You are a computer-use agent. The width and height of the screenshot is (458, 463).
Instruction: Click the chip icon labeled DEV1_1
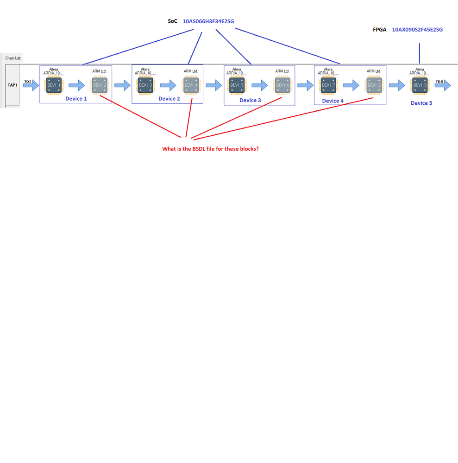pyautogui.click(x=54, y=85)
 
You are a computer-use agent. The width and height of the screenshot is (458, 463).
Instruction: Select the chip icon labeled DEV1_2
pyautogui.click(x=100, y=85)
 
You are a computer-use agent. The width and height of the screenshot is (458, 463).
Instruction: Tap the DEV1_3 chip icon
pyautogui.click(x=145, y=85)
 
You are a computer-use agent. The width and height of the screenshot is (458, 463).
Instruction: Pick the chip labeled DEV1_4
pyautogui.click(x=191, y=85)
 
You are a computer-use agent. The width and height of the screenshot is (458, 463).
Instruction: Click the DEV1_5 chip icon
pyautogui.click(x=237, y=85)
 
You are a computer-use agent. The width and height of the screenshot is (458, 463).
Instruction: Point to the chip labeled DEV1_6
pyautogui.click(x=282, y=85)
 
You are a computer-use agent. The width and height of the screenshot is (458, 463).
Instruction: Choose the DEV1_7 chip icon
pyautogui.click(x=328, y=85)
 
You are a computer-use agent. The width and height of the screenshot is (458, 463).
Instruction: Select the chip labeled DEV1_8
pyautogui.click(x=374, y=85)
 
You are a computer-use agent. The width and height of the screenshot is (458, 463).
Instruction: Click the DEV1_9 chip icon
pyautogui.click(x=420, y=85)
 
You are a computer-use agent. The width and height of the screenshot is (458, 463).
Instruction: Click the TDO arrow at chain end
pyautogui.click(x=442, y=85)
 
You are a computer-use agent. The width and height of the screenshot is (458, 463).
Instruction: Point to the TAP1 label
pyautogui.click(x=13, y=85)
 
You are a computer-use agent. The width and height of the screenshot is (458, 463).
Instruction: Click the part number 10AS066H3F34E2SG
pyautogui.click(x=208, y=21)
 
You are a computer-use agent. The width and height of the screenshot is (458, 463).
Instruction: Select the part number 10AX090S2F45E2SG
pyautogui.click(x=417, y=30)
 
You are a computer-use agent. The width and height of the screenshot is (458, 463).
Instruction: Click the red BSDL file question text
pyautogui.click(x=210, y=149)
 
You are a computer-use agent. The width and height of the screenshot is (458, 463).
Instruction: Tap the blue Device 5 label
pyautogui.click(x=421, y=103)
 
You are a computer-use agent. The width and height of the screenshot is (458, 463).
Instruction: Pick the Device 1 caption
pyautogui.click(x=76, y=99)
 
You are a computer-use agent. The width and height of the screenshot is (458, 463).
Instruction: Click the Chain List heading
pyautogui.click(x=13, y=58)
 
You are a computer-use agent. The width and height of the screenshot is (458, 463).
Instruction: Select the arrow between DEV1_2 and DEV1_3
pyautogui.click(x=122, y=85)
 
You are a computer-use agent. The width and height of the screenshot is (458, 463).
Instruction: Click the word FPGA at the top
pyautogui.click(x=379, y=30)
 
